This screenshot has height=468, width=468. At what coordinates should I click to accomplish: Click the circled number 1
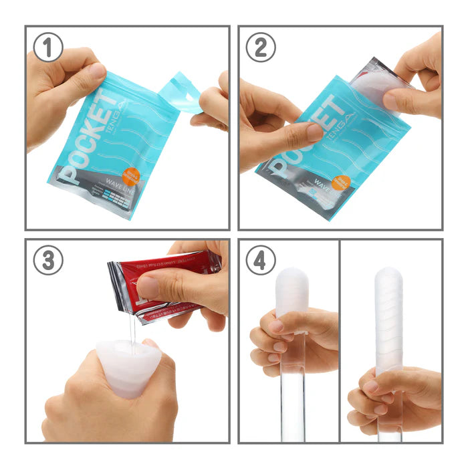point(49,48)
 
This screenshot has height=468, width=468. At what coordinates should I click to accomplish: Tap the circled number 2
point(261,48)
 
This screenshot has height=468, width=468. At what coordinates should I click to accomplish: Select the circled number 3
point(49,261)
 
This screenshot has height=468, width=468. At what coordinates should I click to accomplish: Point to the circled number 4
point(261,261)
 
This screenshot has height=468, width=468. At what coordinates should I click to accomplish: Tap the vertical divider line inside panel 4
point(340,341)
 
